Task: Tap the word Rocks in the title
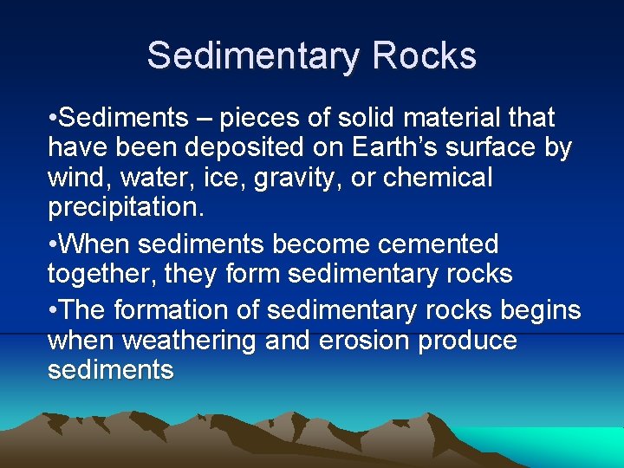[425, 56]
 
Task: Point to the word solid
[358, 117]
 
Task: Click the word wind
[75, 178]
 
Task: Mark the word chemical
[438, 178]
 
